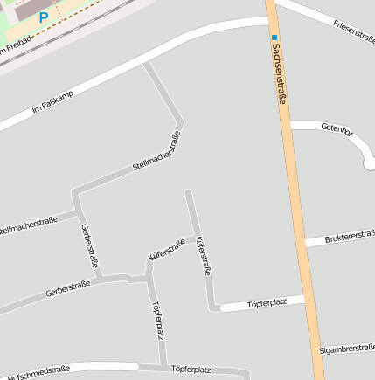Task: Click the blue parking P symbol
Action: click(43, 17)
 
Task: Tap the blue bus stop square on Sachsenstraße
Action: click(274, 37)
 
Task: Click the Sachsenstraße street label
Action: click(281, 77)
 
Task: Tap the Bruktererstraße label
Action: click(350, 237)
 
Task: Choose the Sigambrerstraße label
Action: click(347, 348)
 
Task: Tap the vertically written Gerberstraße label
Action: click(89, 246)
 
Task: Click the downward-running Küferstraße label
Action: click(203, 255)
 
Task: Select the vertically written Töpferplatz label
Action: click(158, 320)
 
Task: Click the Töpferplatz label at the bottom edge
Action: click(191, 370)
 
